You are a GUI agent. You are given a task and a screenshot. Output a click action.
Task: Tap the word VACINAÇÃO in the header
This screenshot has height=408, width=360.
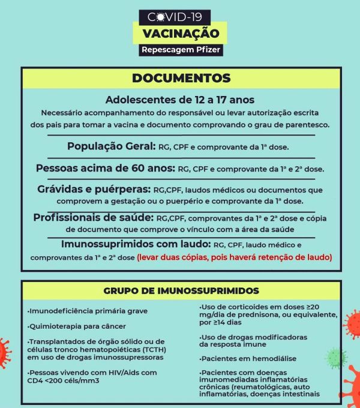point(181,33)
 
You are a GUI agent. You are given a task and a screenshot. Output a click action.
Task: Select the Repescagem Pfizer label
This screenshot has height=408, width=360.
point(181,50)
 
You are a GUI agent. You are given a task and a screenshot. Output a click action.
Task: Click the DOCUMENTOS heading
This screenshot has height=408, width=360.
point(181,78)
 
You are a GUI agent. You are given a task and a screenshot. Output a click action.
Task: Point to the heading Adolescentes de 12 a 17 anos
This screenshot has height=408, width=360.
point(181,100)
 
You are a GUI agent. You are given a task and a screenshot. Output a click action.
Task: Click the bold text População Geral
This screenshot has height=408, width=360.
point(111,146)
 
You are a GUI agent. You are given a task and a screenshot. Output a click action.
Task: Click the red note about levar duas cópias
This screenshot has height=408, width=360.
point(234,257)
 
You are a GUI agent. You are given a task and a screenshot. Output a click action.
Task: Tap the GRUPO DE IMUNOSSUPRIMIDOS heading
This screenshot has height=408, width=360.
point(181,291)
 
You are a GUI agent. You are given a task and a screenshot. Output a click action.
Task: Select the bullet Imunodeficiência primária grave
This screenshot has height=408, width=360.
point(88,311)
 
